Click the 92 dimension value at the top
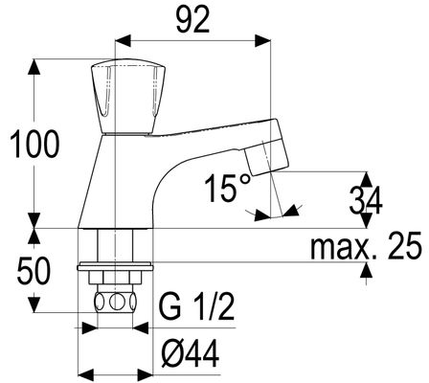pyautogui.click(x=192, y=20)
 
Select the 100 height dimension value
pyautogui.click(x=35, y=145)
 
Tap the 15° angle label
pyautogui.click(x=228, y=188)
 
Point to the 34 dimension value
pyautogui.click(x=366, y=201)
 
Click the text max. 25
pyautogui.click(x=366, y=246)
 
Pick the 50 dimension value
pyautogui.click(x=34, y=271)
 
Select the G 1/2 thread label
pyautogui.click(x=196, y=307)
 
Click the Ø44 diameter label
pyautogui.click(x=191, y=353)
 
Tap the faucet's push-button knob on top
pyautogui.click(x=128, y=96)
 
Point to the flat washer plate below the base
pyautogui.click(x=115, y=266)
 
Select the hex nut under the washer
pyautogui.click(x=115, y=277)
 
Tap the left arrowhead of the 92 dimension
pyautogui.click(x=123, y=41)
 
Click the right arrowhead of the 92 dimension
pyautogui.click(x=262, y=41)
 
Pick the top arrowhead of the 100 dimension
pyautogui.click(x=34, y=67)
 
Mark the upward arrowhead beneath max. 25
pyautogui.click(x=367, y=271)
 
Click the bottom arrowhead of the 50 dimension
pyautogui.click(x=34, y=304)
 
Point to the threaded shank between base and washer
pyautogui.click(x=115, y=245)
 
